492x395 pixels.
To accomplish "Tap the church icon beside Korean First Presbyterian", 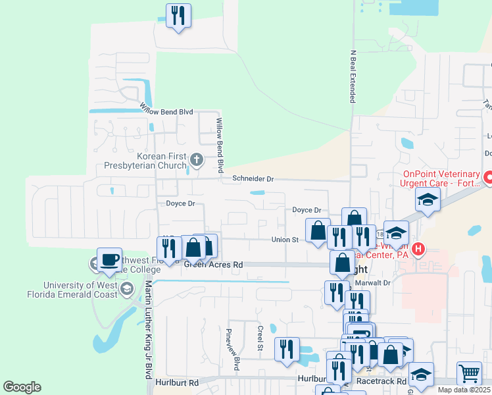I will click(x=196, y=159).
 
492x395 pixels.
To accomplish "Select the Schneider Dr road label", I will click(x=252, y=178).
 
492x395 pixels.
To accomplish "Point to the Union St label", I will click(x=285, y=240).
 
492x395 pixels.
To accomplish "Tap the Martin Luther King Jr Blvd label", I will click(x=149, y=329).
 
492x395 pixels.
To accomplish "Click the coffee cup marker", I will click(x=109, y=259).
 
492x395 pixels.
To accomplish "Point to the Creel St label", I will click(x=260, y=338).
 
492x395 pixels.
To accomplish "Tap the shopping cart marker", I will click(x=468, y=373).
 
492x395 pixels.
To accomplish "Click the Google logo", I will click(x=22, y=387).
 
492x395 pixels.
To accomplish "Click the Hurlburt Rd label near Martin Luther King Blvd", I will click(x=177, y=382).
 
